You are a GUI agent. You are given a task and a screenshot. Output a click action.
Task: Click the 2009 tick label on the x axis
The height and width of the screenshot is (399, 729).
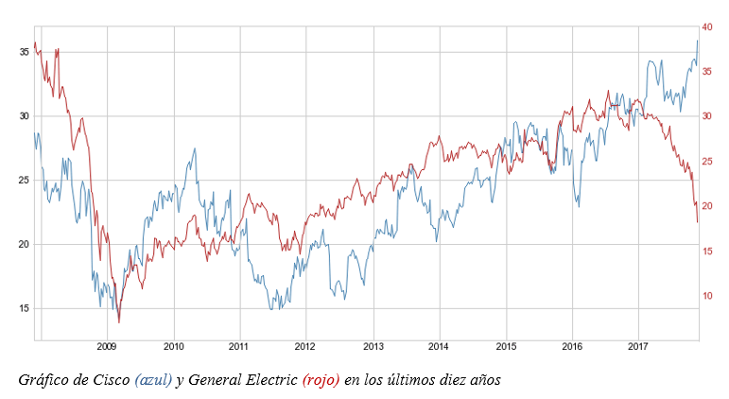107,346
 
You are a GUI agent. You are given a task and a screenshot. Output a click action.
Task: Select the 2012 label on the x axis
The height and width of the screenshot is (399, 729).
305,346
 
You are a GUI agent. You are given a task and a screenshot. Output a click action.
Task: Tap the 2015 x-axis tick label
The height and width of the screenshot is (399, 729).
506,346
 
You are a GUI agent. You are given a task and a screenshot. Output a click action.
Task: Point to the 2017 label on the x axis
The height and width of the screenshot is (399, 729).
638,346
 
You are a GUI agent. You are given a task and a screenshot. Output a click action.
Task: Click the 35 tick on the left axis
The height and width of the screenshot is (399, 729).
24,52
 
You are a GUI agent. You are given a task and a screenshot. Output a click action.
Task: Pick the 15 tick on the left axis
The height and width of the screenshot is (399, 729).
24,308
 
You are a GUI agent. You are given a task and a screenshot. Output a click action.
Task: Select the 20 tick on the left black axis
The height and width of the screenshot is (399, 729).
24,244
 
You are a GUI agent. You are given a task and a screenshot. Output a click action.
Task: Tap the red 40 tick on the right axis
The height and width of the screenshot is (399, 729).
707,27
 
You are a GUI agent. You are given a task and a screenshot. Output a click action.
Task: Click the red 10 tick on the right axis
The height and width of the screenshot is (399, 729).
707,296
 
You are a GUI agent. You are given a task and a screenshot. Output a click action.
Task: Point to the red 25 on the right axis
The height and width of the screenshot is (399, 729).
707,162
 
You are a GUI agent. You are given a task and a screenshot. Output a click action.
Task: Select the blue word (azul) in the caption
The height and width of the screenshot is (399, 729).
153,380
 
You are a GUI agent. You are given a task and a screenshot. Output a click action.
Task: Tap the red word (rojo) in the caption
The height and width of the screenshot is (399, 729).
321,380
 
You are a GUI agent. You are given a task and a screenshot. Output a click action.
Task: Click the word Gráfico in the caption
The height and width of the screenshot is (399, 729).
45,380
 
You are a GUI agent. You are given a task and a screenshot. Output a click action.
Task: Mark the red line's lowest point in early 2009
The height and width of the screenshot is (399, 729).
119,322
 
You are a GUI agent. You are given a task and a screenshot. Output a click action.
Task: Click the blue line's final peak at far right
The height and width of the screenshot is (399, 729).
698,41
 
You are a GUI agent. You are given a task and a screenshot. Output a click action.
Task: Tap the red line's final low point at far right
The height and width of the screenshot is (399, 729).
698,222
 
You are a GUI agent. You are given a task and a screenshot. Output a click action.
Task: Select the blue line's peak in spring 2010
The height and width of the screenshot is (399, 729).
195,148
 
